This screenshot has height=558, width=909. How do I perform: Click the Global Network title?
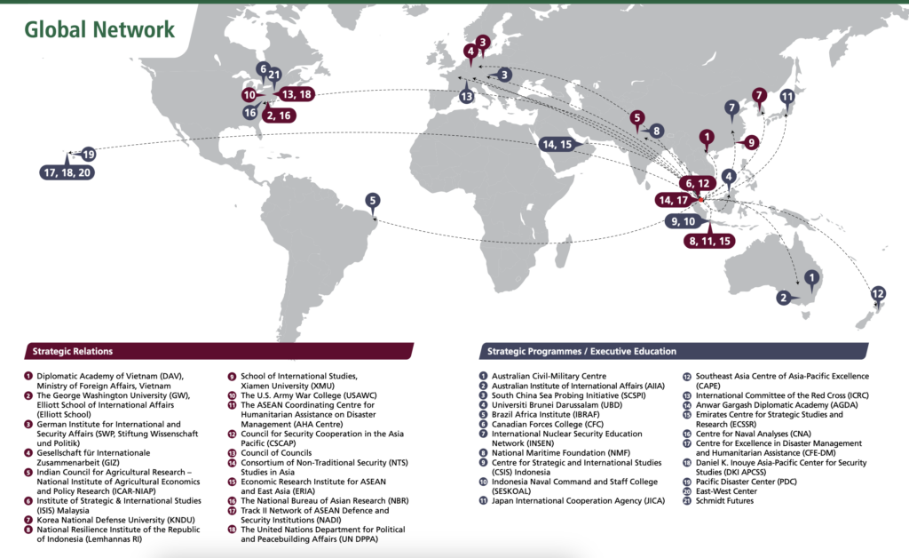(99, 29)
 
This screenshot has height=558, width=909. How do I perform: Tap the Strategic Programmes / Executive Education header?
(581, 351)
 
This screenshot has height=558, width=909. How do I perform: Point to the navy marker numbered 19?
(88, 154)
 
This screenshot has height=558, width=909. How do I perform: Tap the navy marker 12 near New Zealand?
(878, 293)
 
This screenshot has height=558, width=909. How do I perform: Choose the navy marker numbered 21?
(274, 75)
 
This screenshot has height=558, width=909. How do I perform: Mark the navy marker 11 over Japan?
(786, 97)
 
